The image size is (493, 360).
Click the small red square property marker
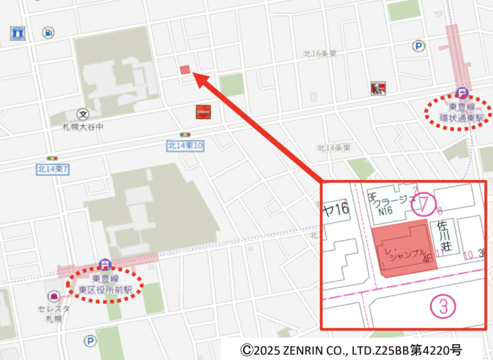coord(185,69)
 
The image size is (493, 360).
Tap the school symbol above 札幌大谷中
coord(83,114)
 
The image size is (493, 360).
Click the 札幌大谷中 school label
coord(82,127)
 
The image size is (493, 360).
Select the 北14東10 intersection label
coord(185,145)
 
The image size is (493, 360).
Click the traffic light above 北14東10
coord(185,134)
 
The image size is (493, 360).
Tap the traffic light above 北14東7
coord(51,158)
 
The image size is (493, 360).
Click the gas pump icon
coord(48,32)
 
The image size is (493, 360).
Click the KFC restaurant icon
coord(377,87)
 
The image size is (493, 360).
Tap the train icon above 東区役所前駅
coord(105,263)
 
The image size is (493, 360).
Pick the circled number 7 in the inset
coord(424,205)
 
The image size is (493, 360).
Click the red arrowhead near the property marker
coord(196,78)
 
